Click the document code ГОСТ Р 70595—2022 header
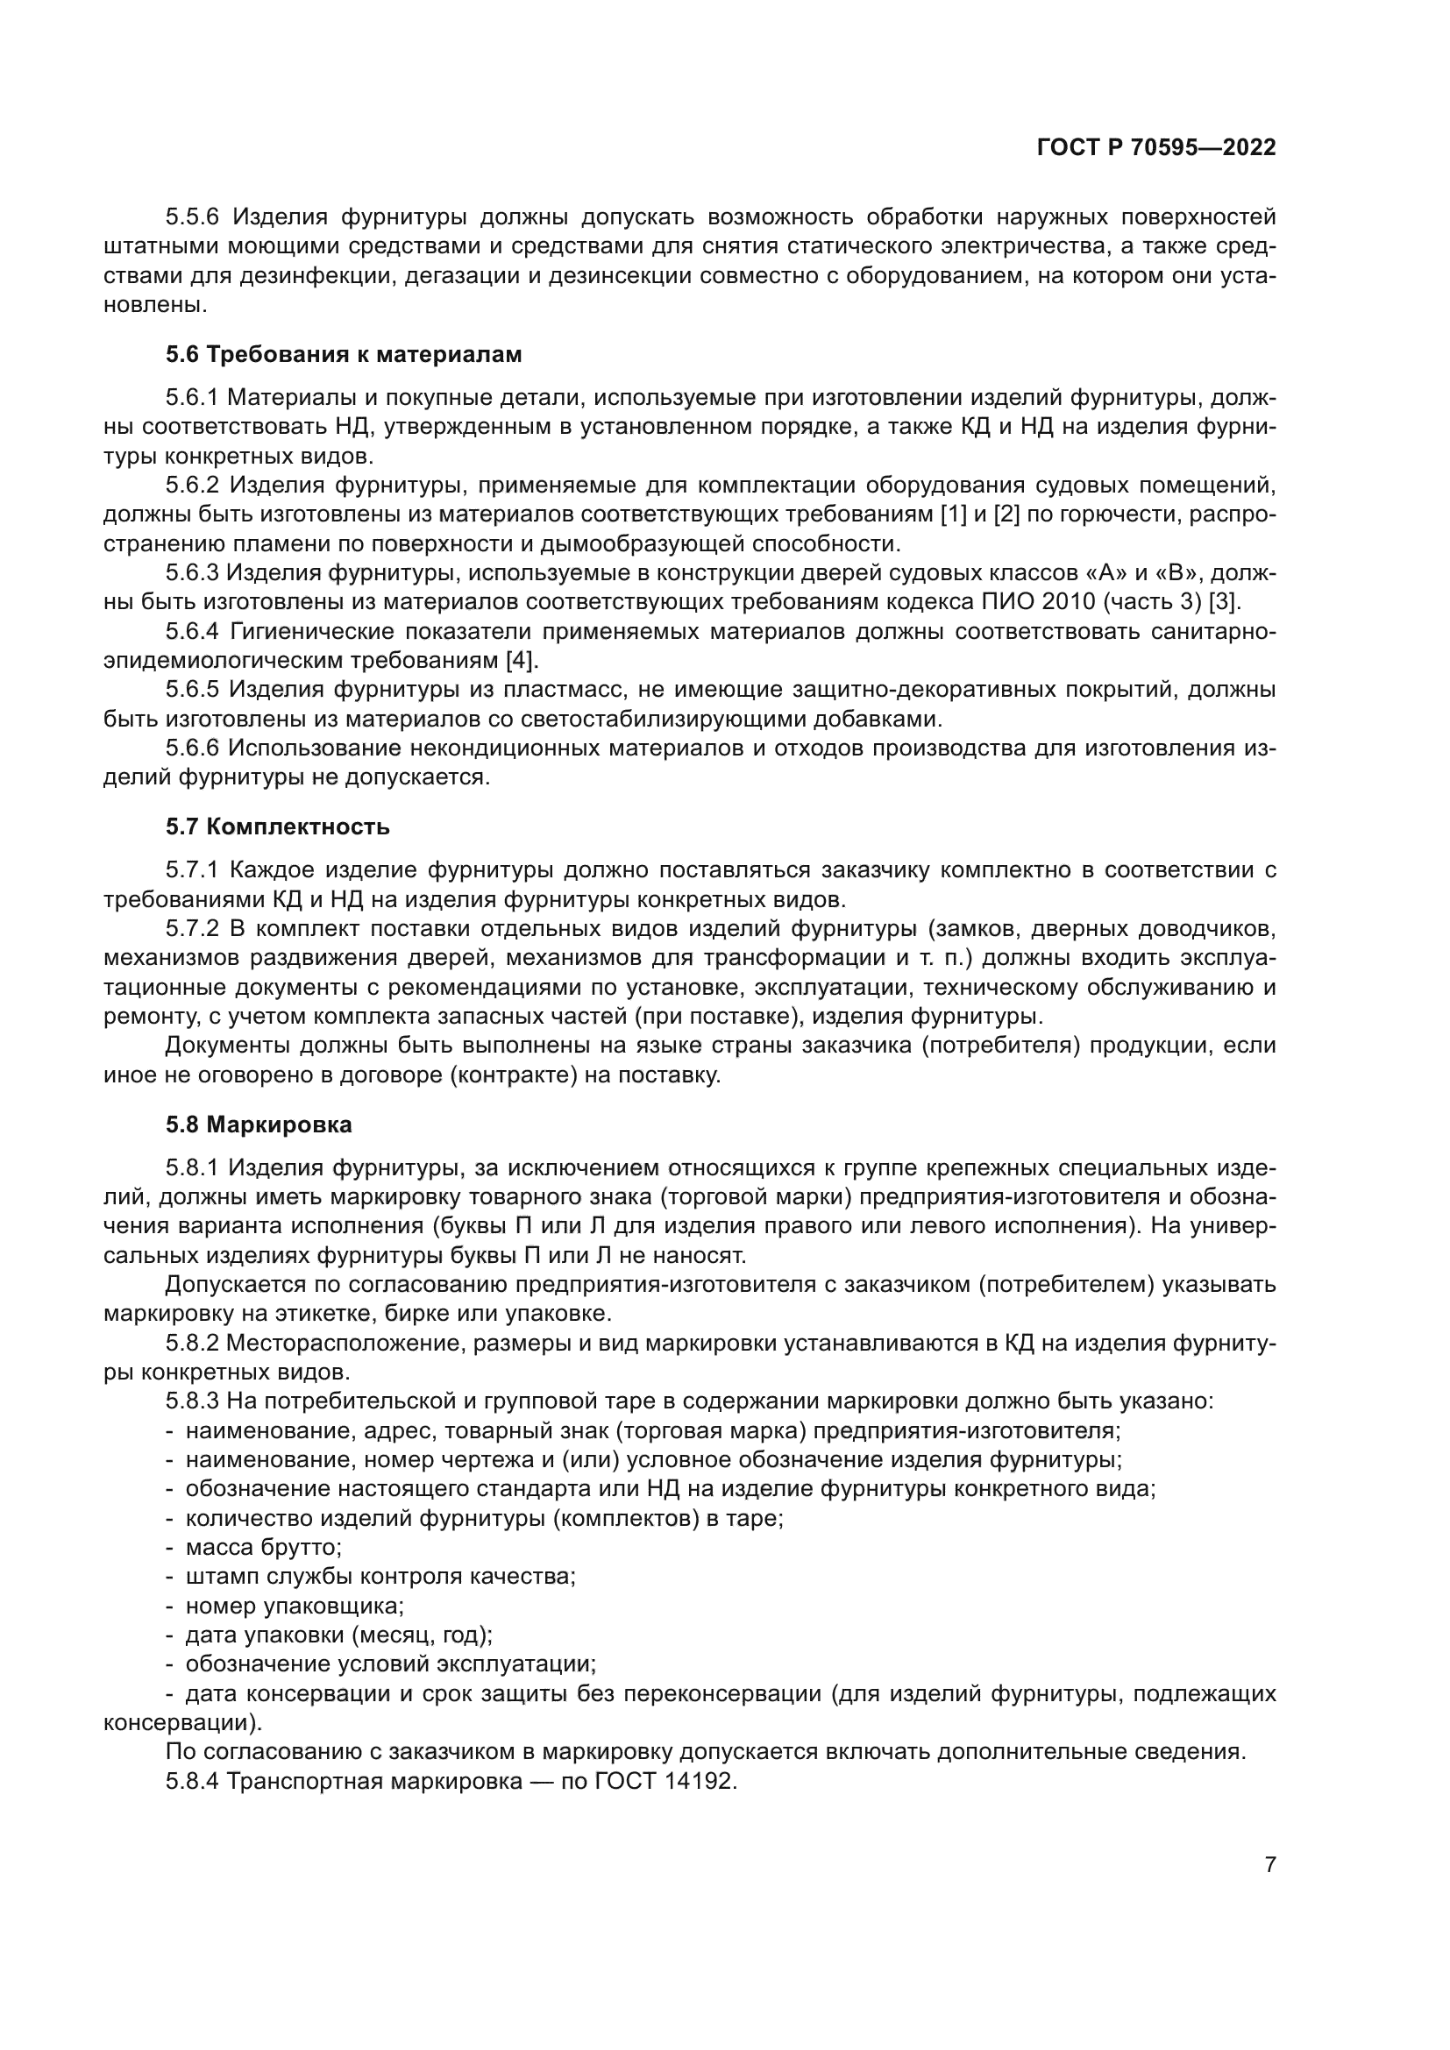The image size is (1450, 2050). coord(1155,148)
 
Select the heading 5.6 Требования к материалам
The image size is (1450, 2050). coord(344,354)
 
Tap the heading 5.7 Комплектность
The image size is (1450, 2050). coord(278,826)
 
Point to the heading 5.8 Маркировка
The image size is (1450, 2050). coord(259,1124)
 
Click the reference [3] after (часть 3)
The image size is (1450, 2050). coord(1224,602)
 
